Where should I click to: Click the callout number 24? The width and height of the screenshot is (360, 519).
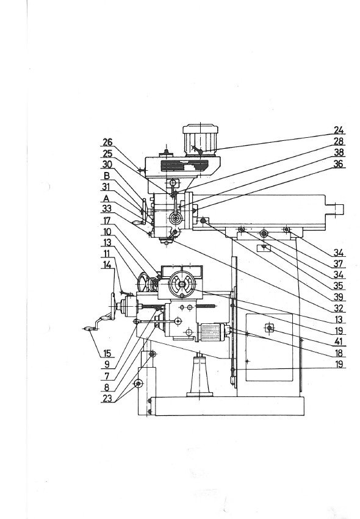339,131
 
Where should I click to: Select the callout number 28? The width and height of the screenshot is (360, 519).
339,141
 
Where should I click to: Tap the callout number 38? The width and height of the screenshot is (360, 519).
339,152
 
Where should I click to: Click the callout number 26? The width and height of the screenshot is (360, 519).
107,143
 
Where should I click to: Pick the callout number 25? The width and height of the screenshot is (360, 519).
107,154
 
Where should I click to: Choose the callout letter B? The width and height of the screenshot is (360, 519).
107,176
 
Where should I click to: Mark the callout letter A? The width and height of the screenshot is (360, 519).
107,198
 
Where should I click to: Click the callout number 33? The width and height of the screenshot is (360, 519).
107,209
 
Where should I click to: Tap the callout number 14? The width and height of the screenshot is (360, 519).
107,265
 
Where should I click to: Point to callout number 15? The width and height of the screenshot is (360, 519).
107,353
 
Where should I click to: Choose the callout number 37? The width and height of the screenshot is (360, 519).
339,264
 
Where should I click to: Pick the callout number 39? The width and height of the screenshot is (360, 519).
339,298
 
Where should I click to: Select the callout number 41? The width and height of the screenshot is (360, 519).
339,342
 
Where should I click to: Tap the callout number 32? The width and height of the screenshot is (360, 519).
339,309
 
